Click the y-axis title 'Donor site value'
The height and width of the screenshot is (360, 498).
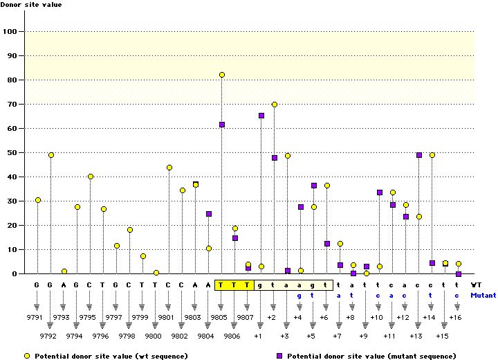(x=30, y=5)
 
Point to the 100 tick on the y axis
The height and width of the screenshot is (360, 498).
(x=10, y=32)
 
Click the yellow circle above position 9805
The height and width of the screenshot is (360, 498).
(x=222, y=75)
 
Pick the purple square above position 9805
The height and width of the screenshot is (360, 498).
(x=222, y=125)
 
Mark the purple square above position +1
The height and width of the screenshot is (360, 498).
(x=261, y=116)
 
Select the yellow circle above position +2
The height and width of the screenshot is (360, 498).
(x=275, y=105)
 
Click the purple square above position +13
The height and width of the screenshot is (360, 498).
(x=419, y=155)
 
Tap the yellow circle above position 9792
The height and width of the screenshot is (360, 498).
(x=51, y=155)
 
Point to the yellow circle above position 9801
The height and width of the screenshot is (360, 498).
(x=169, y=168)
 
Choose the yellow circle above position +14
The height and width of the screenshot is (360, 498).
(x=432, y=155)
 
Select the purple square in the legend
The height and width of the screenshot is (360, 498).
(x=281, y=355)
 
